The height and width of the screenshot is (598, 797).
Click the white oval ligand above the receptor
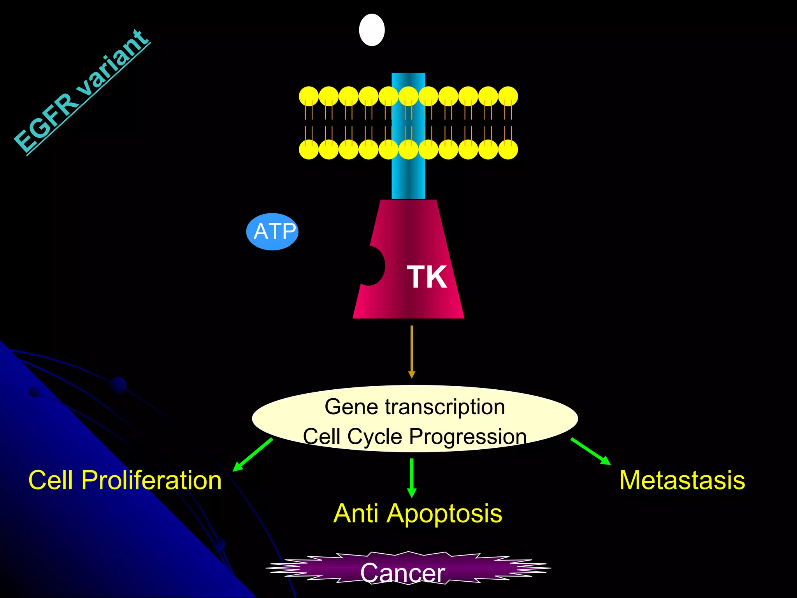pyautogui.click(x=372, y=30)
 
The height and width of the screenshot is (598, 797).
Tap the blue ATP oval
pyautogui.click(x=272, y=232)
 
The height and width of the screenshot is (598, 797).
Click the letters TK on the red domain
pyautogui.click(x=427, y=277)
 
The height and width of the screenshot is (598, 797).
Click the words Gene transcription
pyautogui.click(x=415, y=407)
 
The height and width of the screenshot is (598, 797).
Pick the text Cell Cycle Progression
pyautogui.click(x=415, y=436)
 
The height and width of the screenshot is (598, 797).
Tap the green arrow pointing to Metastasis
pyautogui.click(x=590, y=451)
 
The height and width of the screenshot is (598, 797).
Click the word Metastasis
pyautogui.click(x=682, y=480)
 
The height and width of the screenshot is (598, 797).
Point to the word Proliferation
pyautogui.click(x=151, y=480)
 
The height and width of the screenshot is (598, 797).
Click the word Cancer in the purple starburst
pyautogui.click(x=403, y=573)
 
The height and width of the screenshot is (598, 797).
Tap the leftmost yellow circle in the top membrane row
pyautogui.click(x=309, y=96)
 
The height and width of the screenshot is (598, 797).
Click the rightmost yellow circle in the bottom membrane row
pyautogui.click(x=508, y=149)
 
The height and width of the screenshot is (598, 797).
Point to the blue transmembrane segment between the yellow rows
pyautogui.click(x=408, y=123)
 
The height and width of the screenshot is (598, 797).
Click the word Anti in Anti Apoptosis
pyautogui.click(x=356, y=514)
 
